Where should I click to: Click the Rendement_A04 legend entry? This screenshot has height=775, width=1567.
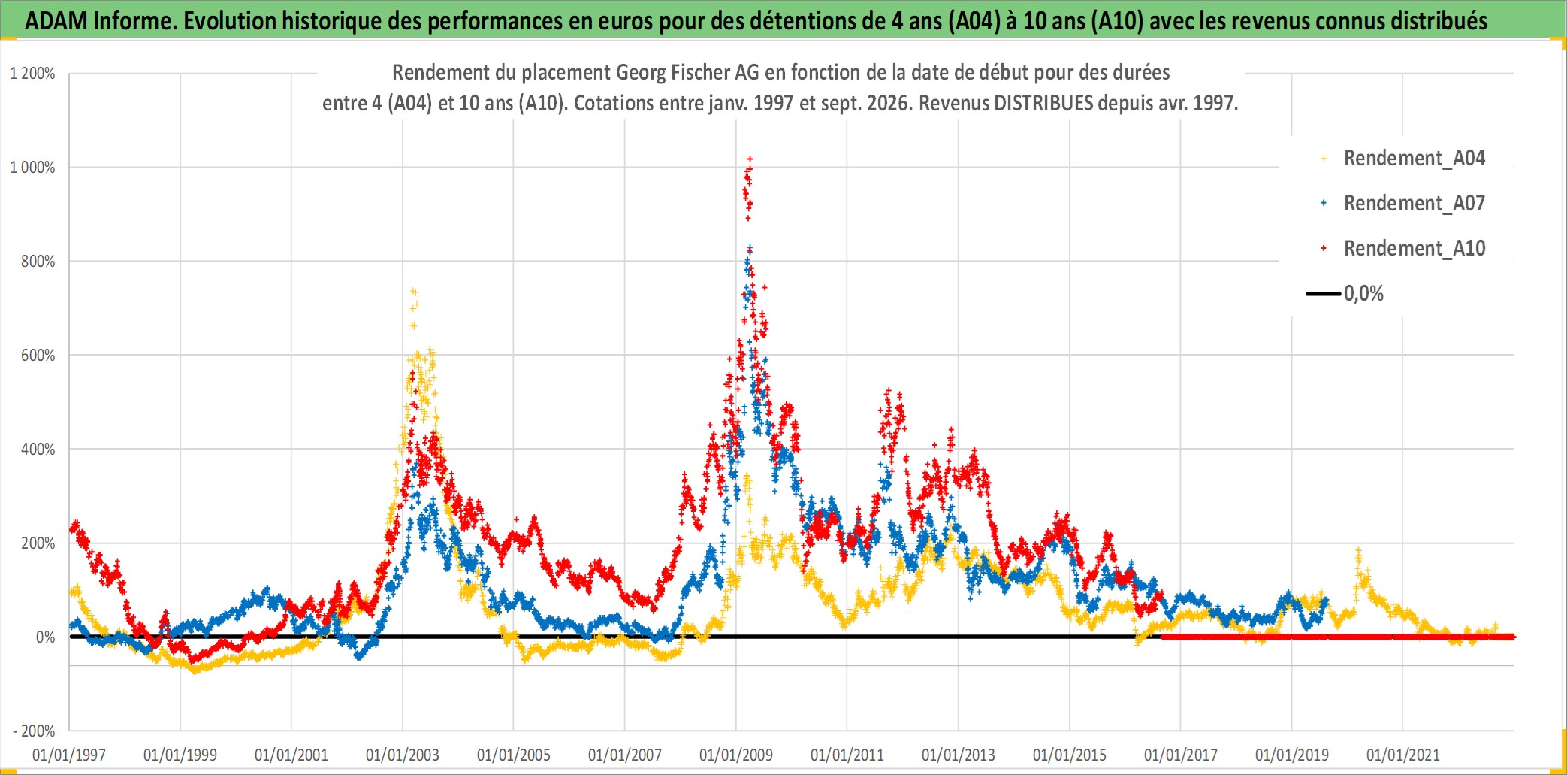1403,159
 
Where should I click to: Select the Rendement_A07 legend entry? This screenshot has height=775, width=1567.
1403,204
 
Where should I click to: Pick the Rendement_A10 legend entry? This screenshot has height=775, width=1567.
1403,249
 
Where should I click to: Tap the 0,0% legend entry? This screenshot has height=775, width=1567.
1345,294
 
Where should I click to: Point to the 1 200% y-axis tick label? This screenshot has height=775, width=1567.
32,74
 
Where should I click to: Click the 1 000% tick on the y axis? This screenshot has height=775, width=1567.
32,168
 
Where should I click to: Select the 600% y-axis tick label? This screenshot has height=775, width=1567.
38,356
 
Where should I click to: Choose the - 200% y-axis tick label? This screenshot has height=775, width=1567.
34,731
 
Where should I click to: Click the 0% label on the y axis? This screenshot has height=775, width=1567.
45,637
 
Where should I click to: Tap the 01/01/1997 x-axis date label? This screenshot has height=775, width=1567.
69,755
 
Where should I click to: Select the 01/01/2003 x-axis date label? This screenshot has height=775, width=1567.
403,755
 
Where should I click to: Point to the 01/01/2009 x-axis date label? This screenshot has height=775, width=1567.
736,755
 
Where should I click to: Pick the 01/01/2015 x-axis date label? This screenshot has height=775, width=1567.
1070,755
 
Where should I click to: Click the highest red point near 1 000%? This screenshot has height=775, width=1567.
750,159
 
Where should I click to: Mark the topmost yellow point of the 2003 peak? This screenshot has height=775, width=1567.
413,291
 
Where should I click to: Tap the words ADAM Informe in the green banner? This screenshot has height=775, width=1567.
101,20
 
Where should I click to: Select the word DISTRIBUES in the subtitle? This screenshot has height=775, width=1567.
1043,103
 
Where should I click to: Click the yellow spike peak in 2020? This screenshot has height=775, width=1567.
1358,551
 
